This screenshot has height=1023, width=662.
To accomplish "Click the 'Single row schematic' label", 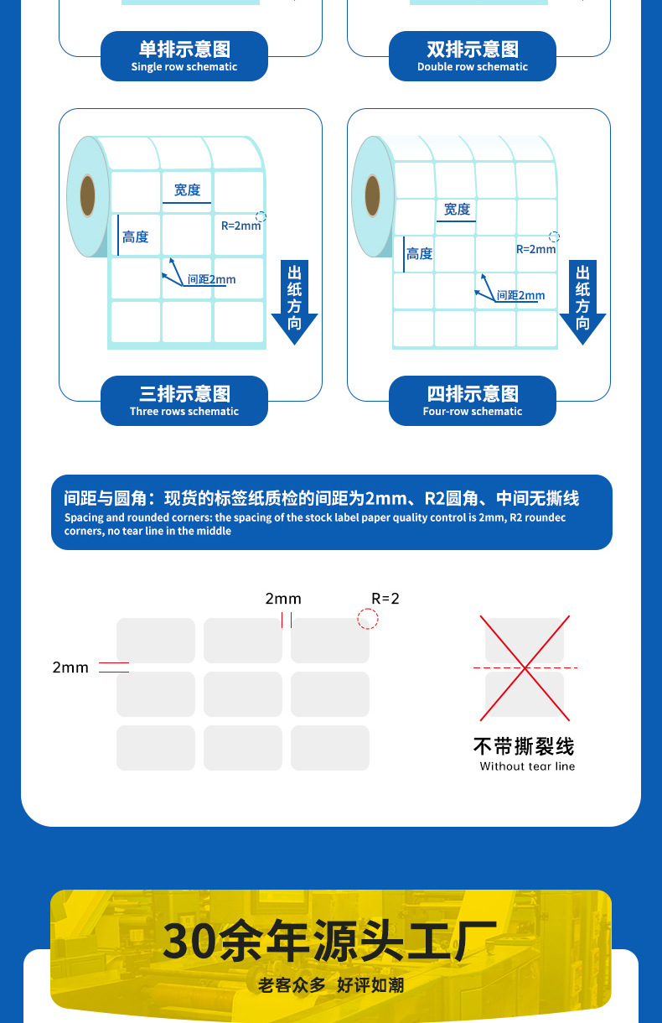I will [184, 56].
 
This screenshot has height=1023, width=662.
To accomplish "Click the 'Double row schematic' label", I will [473, 56].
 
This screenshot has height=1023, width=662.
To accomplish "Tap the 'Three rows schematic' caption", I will [184, 401].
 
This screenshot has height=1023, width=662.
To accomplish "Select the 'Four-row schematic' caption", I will [473, 401].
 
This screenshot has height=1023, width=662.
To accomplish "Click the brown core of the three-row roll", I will [87, 196].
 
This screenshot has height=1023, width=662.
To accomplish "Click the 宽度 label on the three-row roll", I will [187, 190].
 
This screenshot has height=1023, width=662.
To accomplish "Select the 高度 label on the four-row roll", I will [419, 253].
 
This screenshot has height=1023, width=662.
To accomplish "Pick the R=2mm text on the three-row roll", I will [241, 226].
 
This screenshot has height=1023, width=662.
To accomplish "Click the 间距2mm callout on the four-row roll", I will [520, 295].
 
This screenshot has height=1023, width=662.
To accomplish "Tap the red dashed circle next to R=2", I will [368, 619].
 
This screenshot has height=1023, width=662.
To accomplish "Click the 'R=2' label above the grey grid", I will [385, 599].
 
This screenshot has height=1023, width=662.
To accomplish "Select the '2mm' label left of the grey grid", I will [70, 667].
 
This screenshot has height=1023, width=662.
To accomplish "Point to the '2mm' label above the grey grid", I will [283, 599].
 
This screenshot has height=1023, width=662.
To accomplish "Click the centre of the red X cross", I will [525, 668].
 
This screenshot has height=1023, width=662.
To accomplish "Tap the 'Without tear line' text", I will [527, 766].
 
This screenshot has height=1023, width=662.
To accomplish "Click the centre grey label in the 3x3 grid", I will [243, 694].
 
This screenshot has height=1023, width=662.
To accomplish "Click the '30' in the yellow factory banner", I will [186, 941].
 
